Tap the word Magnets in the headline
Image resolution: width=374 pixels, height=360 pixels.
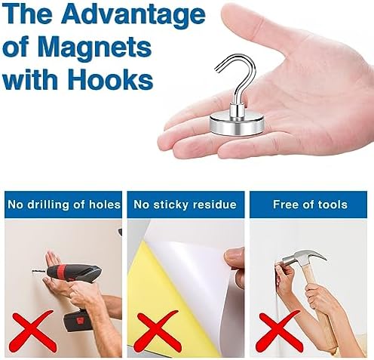(x=95, y=47)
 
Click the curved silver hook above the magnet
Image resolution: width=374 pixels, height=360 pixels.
(x=235, y=78)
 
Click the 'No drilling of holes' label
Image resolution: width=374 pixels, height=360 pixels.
(x=64, y=205)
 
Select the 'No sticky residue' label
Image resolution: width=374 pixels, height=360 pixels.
(x=185, y=205)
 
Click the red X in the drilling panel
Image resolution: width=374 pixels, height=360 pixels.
(x=33, y=329)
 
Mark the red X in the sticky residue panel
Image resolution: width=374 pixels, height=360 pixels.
(x=157, y=329)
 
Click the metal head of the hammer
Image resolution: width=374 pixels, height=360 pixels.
(x=304, y=259)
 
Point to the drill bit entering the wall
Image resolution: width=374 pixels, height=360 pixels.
(x=39, y=271)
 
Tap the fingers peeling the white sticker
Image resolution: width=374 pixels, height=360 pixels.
(x=235, y=259)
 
